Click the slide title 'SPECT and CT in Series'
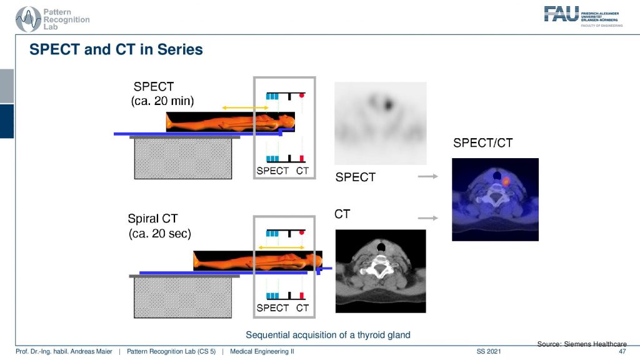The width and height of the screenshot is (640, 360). (116, 49)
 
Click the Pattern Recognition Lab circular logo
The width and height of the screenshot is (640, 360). (27, 19)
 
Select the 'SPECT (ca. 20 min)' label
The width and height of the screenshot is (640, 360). (162, 94)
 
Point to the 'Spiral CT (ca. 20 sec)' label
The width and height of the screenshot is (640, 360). (159, 226)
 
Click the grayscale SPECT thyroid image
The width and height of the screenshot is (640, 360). (381, 123)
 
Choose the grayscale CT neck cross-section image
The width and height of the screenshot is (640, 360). (381, 271)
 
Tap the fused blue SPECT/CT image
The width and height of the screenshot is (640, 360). (495, 199)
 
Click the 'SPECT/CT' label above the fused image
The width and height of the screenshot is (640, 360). (483, 143)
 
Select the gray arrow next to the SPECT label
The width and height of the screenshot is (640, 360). (427, 176)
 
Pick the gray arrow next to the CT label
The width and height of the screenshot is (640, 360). (427, 218)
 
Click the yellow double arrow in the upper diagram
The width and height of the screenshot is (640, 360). (245, 107)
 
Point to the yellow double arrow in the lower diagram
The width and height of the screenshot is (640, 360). (281, 247)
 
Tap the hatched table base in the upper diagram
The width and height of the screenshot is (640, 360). (183, 158)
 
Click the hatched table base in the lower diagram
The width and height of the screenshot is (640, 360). (182, 297)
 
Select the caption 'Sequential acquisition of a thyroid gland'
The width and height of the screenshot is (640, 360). (327, 335)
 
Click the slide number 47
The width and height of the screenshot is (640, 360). (622, 351)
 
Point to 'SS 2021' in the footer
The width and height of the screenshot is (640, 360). (489, 351)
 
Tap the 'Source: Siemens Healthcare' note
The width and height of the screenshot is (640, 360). (582, 344)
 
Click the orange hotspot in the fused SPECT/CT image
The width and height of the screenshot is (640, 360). (506, 181)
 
